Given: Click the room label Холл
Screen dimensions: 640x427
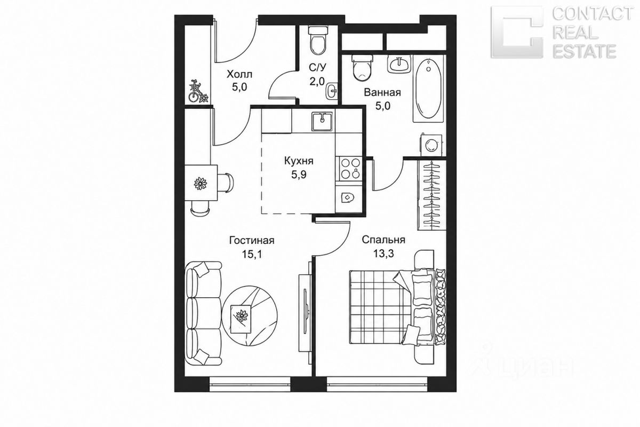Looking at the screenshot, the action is point(239,74).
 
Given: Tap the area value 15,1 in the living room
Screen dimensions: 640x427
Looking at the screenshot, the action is point(252,254).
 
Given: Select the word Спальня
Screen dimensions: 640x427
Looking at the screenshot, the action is point(383,240).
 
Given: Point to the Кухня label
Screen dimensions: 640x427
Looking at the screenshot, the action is point(299,161).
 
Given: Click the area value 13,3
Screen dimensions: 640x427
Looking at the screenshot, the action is point(383,253).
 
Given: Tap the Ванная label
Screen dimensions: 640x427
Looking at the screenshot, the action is point(382,92).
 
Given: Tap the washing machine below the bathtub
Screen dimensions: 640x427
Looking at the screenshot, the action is point(431,145).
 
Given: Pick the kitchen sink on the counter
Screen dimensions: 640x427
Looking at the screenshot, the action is point(322,121).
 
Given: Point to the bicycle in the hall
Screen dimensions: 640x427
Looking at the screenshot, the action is point(198,91).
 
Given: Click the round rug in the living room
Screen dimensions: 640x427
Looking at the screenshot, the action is point(250,315).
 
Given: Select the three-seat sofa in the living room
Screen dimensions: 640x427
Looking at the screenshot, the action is point(203,313).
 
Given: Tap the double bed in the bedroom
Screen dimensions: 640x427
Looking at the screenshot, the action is point(397,306).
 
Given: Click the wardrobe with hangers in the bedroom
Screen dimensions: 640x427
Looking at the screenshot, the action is point(431,195).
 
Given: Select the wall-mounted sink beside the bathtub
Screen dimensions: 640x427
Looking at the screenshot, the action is point(399,64).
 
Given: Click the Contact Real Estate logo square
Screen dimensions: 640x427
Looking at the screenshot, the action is point(517,32).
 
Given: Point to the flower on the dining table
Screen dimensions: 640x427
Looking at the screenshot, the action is point(201,183).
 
